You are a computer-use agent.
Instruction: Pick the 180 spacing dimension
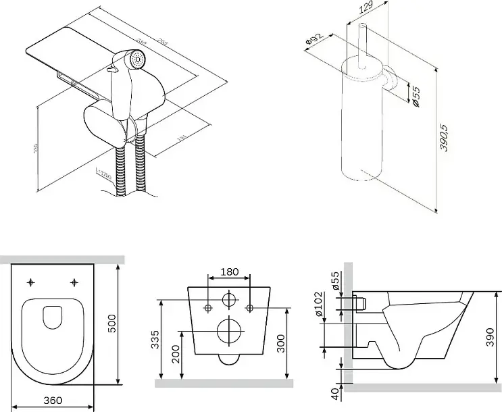[230, 272]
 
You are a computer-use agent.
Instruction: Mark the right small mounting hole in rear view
[251, 308]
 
